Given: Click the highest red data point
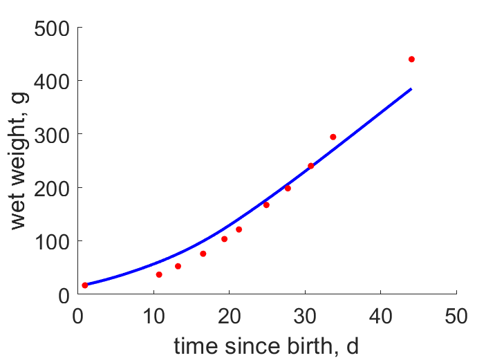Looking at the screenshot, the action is pyautogui.click(x=411, y=59).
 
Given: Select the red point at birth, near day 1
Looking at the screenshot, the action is pyautogui.click(x=85, y=285).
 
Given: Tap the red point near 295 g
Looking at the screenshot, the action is pyautogui.click(x=333, y=137).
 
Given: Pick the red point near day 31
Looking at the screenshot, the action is pyautogui.click(x=311, y=166).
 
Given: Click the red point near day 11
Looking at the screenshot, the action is pyautogui.click(x=159, y=274).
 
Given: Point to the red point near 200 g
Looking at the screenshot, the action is pyautogui.click(x=288, y=188).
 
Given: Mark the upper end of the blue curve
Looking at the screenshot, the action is pyautogui.click(x=411, y=88).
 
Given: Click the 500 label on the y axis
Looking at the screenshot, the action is pyautogui.click(x=52, y=29).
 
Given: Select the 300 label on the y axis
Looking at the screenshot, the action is pyautogui.click(x=52, y=135).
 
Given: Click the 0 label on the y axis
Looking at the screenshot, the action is pyautogui.click(x=64, y=296).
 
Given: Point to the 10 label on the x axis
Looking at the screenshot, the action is pyautogui.click(x=154, y=316).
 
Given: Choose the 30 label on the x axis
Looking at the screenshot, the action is pyautogui.click(x=305, y=316).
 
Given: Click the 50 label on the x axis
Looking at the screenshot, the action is pyautogui.click(x=456, y=316).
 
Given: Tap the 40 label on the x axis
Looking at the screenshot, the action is pyautogui.click(x=380, y=316).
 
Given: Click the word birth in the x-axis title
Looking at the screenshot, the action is pyautogui.click(x=312, y=346).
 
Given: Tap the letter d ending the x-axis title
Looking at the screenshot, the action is pyautogui.click(x=353, y=346).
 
